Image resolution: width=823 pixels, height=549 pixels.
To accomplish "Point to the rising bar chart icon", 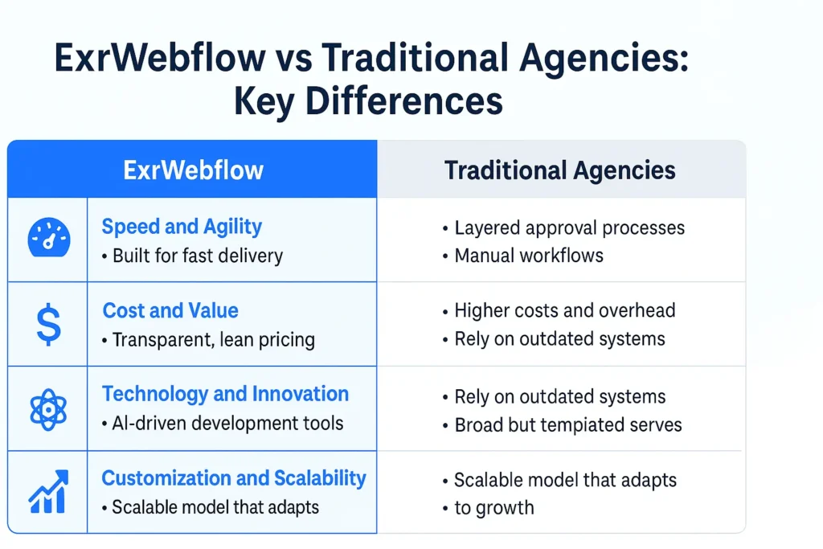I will pos(47,492).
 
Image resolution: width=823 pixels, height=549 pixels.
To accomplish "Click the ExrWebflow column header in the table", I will pos(193,170).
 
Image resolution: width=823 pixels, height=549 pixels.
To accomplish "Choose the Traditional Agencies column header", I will pos(560,170).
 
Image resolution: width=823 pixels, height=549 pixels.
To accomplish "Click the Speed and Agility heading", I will pos(182,227).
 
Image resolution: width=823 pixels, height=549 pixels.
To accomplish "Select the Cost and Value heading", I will pos(170,310).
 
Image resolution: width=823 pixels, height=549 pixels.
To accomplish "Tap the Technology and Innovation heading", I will pos(225,394).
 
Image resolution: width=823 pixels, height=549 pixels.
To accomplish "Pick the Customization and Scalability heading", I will pos(233,478).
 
